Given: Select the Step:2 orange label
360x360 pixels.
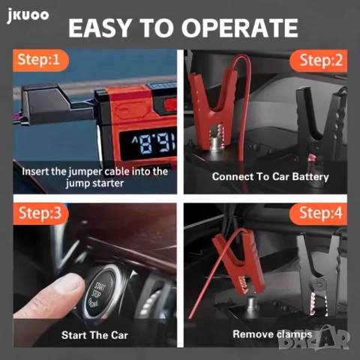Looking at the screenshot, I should tap(320, 59).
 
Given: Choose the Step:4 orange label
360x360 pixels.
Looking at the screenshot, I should tap(320, 213).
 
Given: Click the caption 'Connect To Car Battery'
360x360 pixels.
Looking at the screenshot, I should tap(270, 177).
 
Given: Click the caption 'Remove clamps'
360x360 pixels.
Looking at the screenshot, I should tap(270, 334).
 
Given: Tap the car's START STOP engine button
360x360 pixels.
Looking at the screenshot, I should tap(104, 293).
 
